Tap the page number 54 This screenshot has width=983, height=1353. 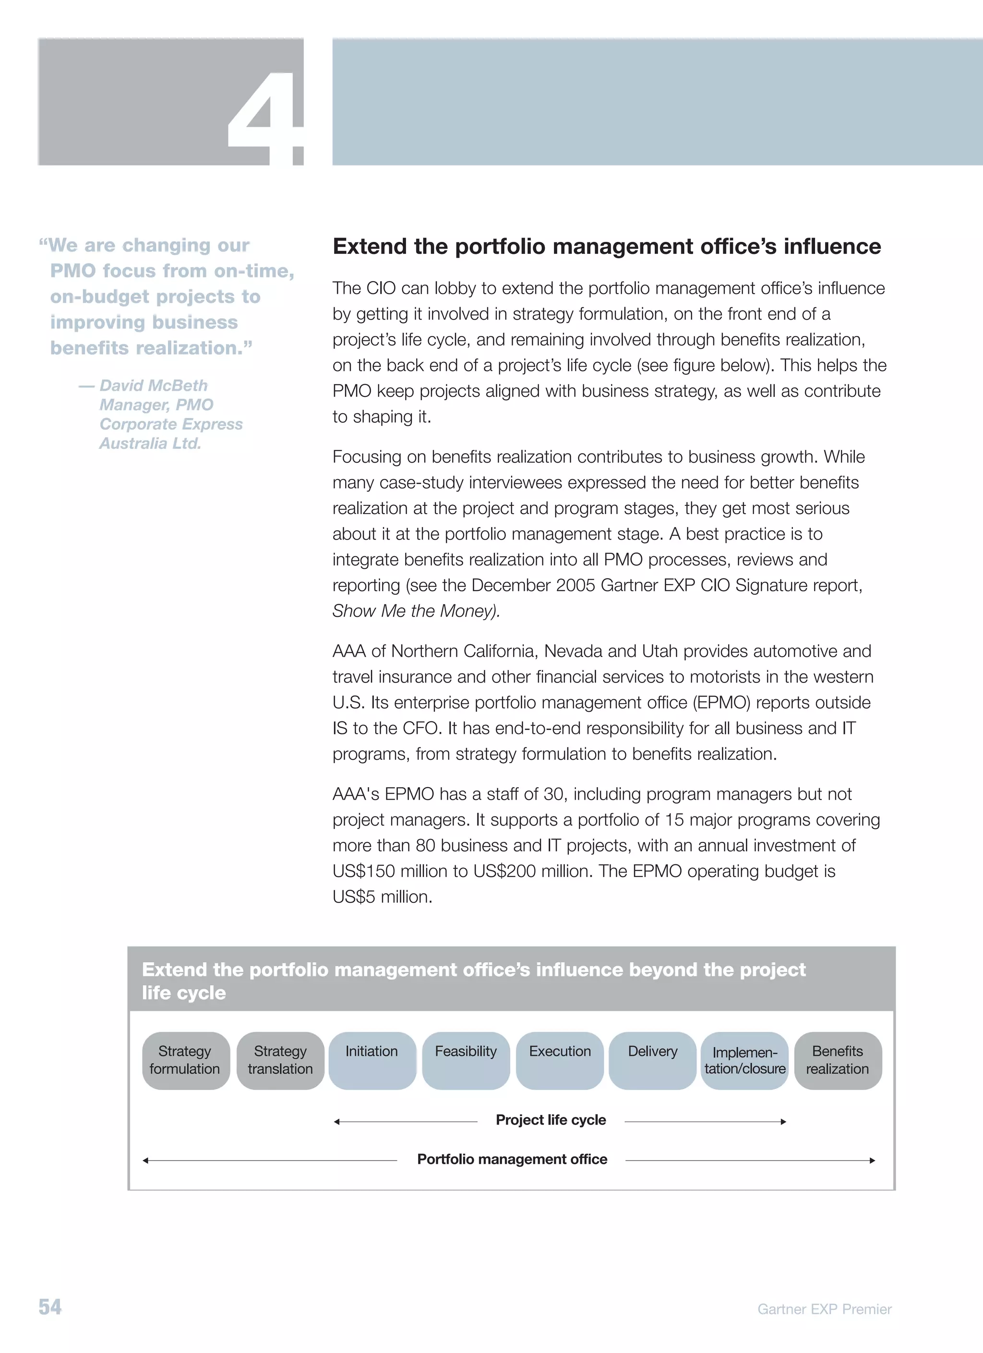(x=50, y=1306)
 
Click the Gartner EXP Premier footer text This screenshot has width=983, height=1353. (x=824, y=1309)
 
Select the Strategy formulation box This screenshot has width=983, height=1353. (x=185, y=1060)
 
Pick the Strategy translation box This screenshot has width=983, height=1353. (x=280, y=1060)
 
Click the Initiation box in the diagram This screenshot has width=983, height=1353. (x=372, y=1060)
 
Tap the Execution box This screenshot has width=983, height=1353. (x=560, y=1060)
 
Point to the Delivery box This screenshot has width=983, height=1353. (x=653, y=1060)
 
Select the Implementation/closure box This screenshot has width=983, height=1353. (x=744, y=1060)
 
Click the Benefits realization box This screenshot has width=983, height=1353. (x=838, y=1060)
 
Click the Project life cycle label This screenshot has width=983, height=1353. (x=551, y=1120)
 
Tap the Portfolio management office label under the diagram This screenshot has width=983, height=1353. (x=512, y=1159)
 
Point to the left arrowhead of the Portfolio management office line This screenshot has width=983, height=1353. (x=145, y=1161)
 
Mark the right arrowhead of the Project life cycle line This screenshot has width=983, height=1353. (x=783, y=1122)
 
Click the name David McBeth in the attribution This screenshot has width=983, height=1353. (x=153, y=385)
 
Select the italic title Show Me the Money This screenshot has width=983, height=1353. (x=416, y=611)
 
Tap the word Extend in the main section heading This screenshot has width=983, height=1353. (x=370, y=246)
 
